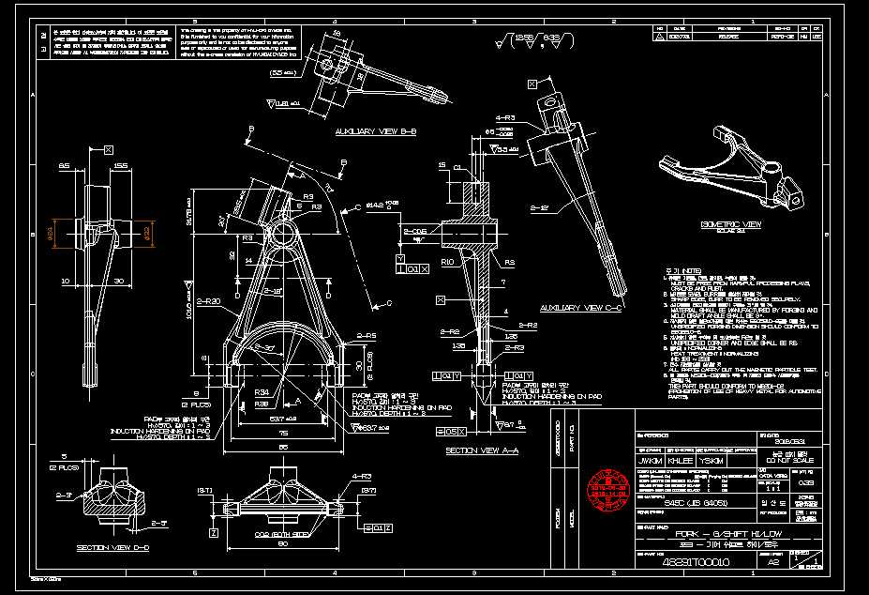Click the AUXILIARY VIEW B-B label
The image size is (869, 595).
tap(375, 132)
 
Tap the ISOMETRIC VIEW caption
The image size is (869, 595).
tap(731, 225)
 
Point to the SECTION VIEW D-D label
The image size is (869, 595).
tap(108, 546)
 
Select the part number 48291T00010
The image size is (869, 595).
tap(695, 563)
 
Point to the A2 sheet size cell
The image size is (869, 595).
tap(773, 563)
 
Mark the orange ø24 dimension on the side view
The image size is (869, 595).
tap(52, 231)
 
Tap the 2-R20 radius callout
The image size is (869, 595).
tap(207, 300)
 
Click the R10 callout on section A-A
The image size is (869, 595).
tap(447, 262)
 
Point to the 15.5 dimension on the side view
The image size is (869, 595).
tap(120, 166)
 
